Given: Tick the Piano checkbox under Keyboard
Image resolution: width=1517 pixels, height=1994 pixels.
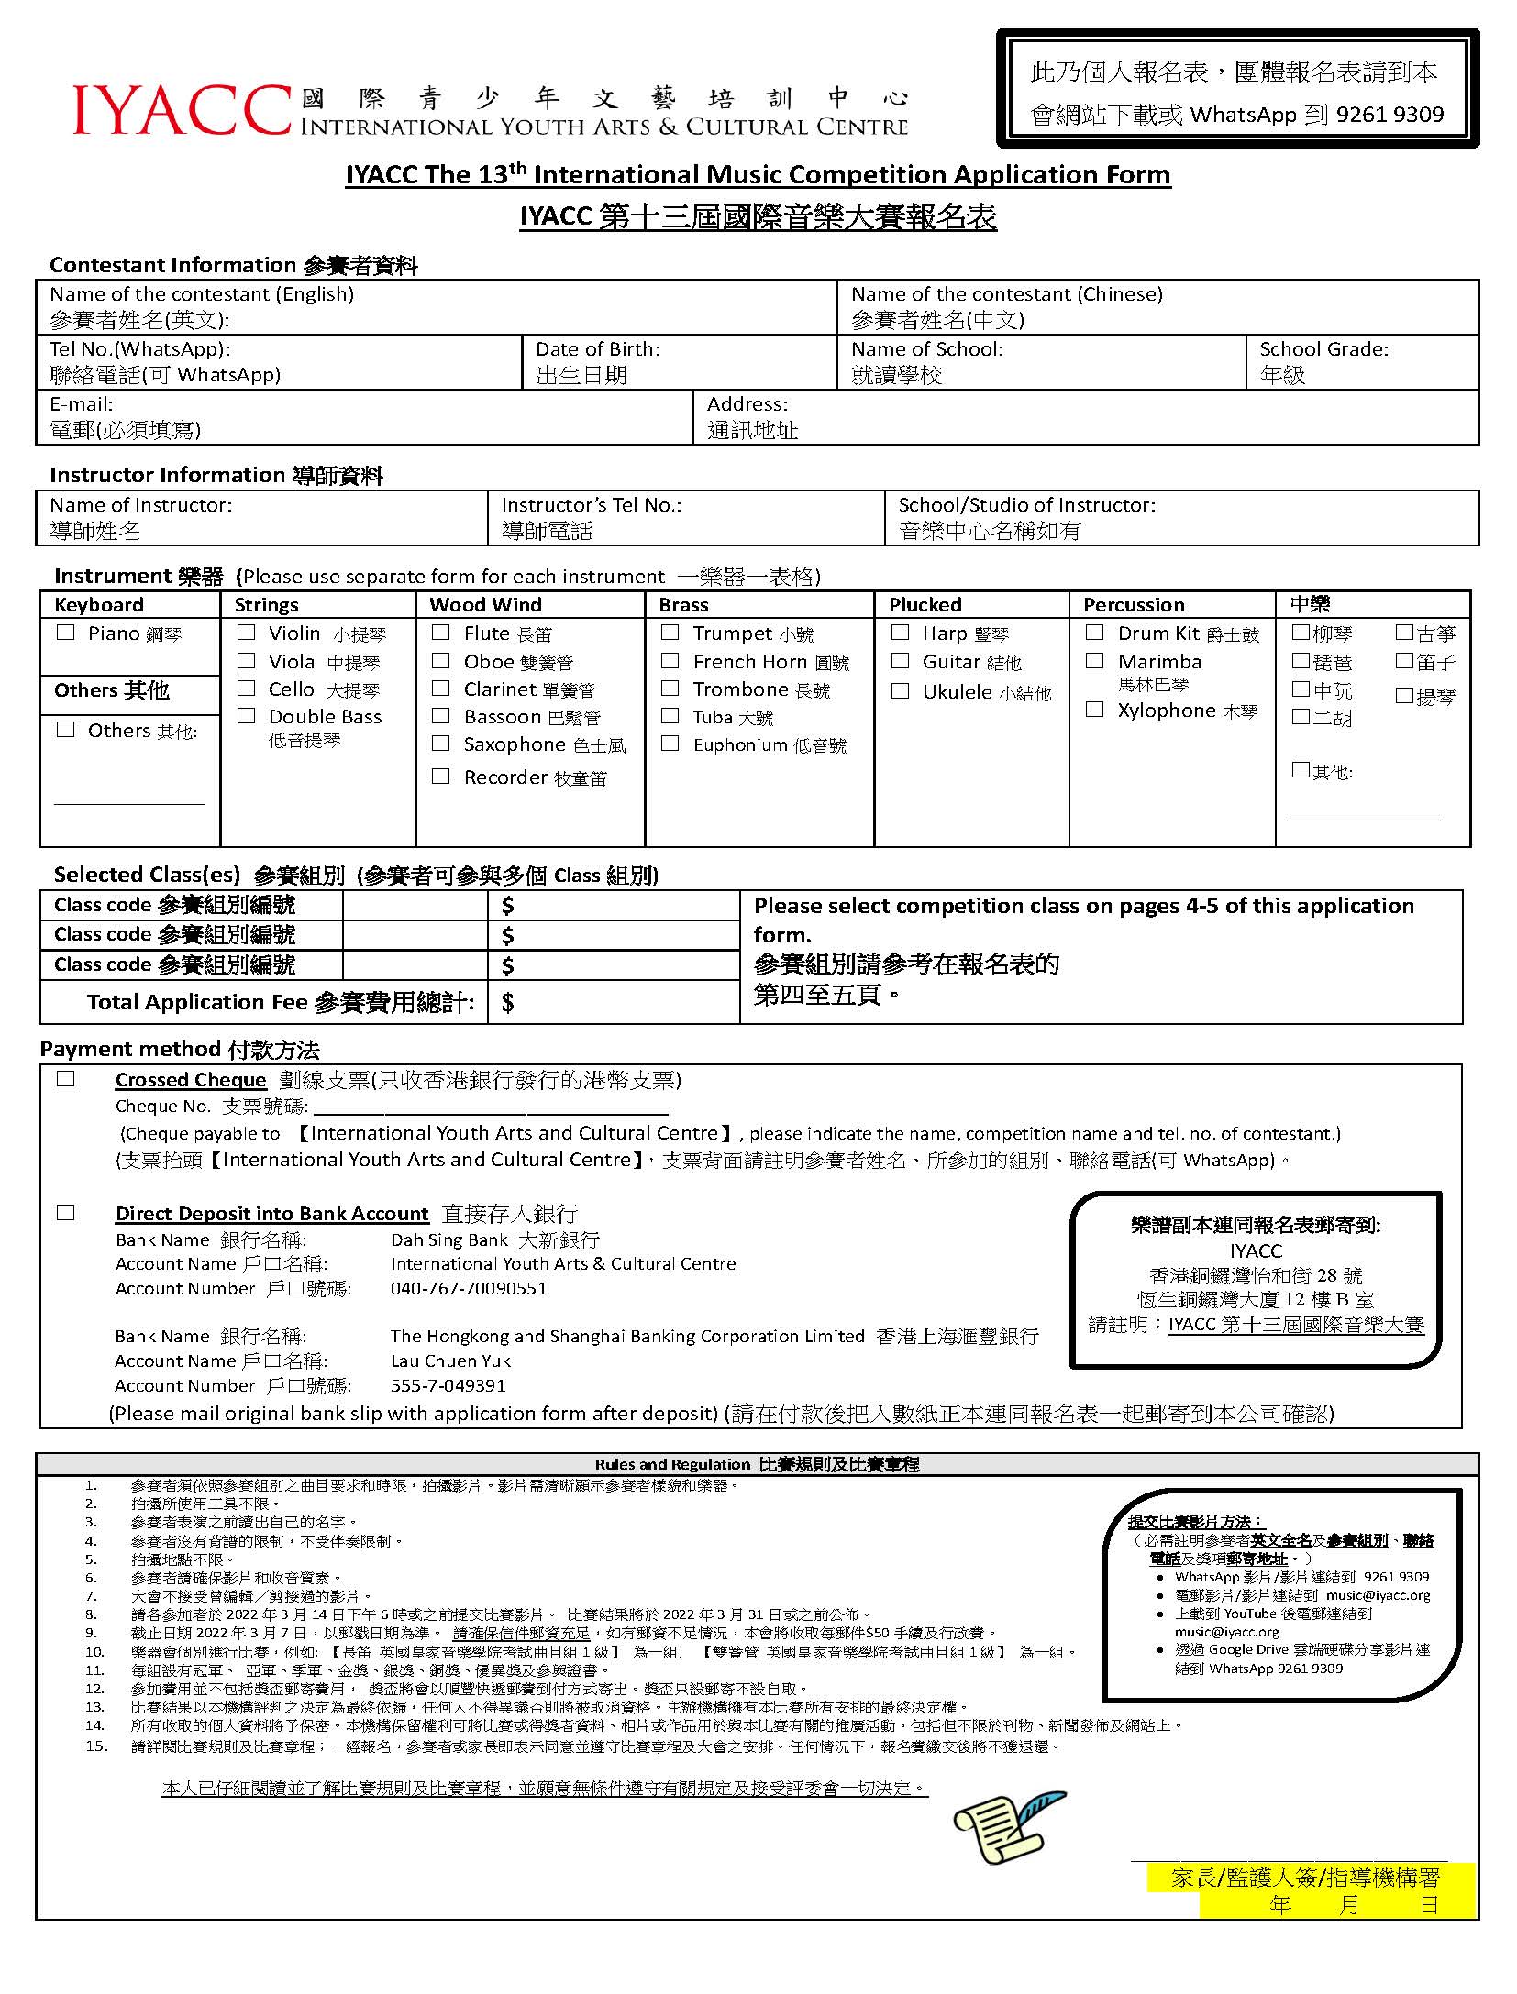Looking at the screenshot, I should coord(66,633).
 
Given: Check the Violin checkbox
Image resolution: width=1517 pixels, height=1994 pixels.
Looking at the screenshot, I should coord(246,633).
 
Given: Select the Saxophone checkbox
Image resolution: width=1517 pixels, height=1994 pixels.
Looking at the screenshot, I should coord(441,744).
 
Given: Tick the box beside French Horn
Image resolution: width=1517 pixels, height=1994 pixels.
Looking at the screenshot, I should coord(670,661).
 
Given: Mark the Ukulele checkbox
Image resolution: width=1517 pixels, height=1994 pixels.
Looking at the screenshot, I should coord(901,691).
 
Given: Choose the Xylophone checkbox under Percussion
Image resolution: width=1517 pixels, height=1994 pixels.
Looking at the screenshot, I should coord(1095,710).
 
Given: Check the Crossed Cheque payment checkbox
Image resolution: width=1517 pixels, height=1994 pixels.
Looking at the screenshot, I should coord(66,1079).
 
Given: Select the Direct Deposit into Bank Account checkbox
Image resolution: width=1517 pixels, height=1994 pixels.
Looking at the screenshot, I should coord(66,1213).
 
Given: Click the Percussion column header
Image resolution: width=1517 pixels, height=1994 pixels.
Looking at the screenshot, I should coord(1134,605).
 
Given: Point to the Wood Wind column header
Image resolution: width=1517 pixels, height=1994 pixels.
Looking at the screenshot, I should coord(485,605).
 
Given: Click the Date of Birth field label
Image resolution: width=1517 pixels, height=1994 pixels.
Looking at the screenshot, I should coord(598,349).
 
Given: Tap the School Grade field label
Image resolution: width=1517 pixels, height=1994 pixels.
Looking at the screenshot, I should coord(1323,349).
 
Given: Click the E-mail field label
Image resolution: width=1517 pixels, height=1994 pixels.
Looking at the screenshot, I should coord(82,404).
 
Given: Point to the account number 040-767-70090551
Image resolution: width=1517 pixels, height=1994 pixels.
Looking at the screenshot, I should coord(469,1288).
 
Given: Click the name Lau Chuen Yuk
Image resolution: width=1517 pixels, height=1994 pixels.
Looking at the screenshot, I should coord(450,1361).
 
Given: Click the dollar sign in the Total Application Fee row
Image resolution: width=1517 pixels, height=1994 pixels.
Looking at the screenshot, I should coord(508,1002).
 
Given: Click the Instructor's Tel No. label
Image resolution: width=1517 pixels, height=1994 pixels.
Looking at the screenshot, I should coord(592,505).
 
